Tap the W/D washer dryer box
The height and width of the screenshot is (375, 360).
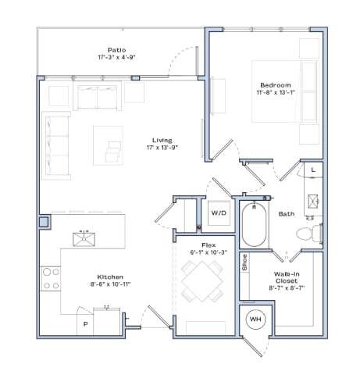click(x=218, y=212)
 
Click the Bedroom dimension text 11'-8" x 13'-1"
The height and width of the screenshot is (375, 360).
click(x=277, y=94)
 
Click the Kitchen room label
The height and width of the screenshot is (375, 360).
click(x=109, y=277)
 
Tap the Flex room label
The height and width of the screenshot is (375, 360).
click(x=208, y=245)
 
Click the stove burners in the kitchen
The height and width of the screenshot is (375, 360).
click(x=51, y=279)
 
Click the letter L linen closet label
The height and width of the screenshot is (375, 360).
click(x=313, y=170)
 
